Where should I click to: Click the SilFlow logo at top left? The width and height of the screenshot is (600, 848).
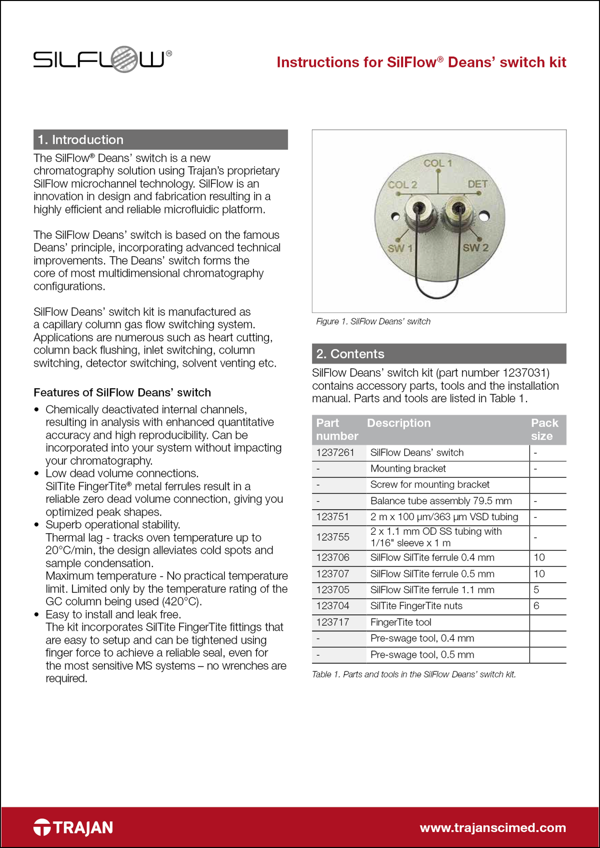pos(102,59)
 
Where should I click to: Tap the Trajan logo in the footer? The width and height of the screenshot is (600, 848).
pos(73,828)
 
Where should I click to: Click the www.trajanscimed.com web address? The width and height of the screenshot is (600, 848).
pos(492,828)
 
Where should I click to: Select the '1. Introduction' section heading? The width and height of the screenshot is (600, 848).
pos(80,140)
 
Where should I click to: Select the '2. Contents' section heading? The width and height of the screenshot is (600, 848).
pos(350,354)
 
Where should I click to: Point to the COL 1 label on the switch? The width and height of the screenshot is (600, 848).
pos(437,163)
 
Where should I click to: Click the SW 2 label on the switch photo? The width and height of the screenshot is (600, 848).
pos(475,248)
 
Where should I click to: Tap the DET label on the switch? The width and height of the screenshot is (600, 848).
pos(477,184)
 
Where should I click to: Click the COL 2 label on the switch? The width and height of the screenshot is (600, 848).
pos(402,184)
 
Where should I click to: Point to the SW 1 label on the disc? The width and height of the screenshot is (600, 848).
pos(400,248)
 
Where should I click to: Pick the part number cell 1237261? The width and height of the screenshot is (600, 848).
pos(335,453)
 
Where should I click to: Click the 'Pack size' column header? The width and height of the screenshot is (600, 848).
pos(544,429)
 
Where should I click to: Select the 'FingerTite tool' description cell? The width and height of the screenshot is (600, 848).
pos(400,622)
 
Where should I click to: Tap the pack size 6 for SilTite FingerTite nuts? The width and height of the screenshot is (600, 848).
pos(536,606)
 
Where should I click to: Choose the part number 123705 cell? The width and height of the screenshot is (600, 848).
pos(332,590)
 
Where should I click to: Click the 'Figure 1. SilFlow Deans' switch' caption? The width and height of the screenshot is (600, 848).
pos(373,321)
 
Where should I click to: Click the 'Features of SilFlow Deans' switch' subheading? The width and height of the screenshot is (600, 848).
pos(122,392)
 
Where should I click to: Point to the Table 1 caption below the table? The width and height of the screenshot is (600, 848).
pos(413,675)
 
